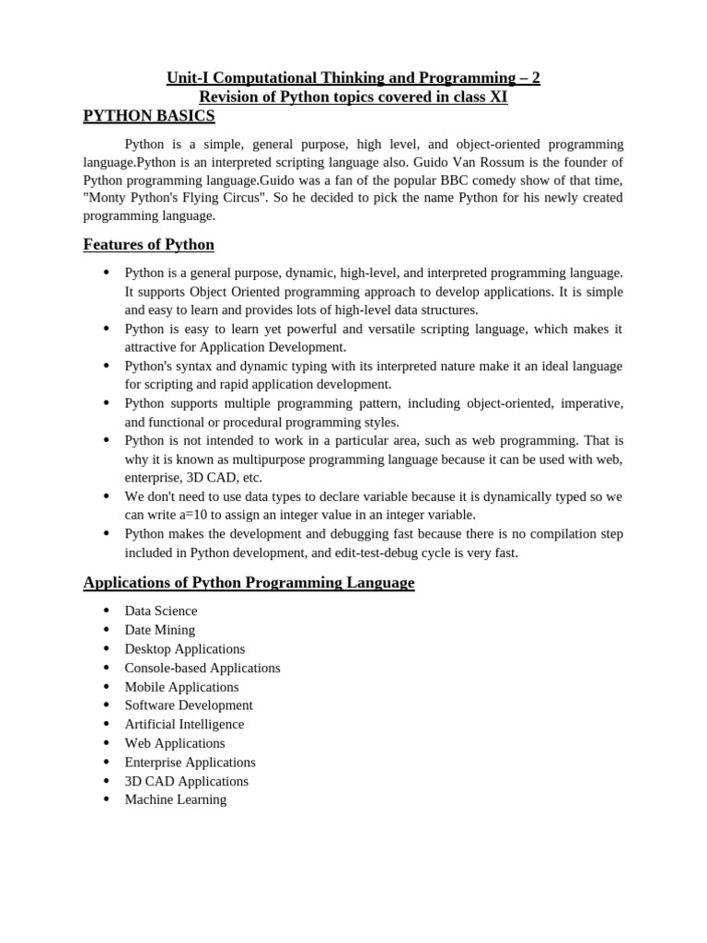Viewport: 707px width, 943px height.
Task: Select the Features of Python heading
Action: pyautogui.click(x=148, y=245)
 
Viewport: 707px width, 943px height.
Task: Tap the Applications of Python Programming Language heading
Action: pyautogui.click(x=249, y=583)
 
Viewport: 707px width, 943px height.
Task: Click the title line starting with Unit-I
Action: pyautogui.click(x=353, y=79)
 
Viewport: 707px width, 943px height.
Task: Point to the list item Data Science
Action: pyautogui.click(x=161, y=611)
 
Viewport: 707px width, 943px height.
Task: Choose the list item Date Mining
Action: pyautogui.click(x=160, y=630)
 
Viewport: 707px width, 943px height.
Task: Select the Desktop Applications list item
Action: pyautogui.click(x=185, y=649)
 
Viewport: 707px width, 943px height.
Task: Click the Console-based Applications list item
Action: pyautogui.click(x=203, y=668)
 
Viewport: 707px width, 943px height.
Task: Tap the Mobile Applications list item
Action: pyautogui.click(x=181, y=687)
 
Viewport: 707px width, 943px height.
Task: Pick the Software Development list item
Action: pyautogui.click(x=189, y=705)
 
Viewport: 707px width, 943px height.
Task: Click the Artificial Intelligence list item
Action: pyautogui.click(x=185, y=725)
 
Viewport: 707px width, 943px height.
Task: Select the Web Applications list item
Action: pyautogui.click(x=175, y=743)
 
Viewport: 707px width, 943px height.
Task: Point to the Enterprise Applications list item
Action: pyautogui.click(x=191, y=763)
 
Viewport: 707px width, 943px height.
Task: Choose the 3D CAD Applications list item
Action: pyautogui.click(x=187, y=781)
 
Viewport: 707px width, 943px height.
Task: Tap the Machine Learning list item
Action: pyautogui.click(x=176, y=799)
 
